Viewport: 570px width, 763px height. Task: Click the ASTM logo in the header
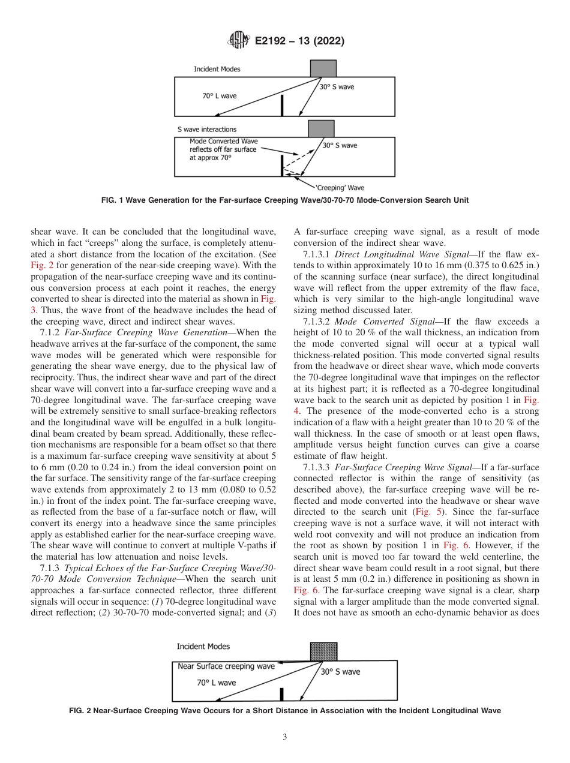point(239,41)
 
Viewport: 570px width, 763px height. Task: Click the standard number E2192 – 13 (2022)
point(299,41)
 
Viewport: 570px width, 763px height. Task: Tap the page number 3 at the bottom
point(285,737)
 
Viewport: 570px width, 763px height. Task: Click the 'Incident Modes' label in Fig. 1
point(217,69)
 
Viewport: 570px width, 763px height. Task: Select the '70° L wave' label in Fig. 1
point(219,95)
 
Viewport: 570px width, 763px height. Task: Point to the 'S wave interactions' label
point(206,129)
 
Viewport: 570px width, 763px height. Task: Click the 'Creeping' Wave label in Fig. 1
point(340,188)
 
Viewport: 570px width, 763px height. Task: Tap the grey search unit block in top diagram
point(323,68)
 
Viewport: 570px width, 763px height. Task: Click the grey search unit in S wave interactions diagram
point(321,129)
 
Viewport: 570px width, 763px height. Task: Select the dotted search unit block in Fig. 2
point(323,651)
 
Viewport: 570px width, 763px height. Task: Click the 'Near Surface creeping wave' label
point(226,666)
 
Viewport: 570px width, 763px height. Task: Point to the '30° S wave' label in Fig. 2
point(340,672)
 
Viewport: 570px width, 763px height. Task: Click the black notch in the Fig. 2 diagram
point(281,694)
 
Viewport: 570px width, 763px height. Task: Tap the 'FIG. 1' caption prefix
point(113,199)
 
